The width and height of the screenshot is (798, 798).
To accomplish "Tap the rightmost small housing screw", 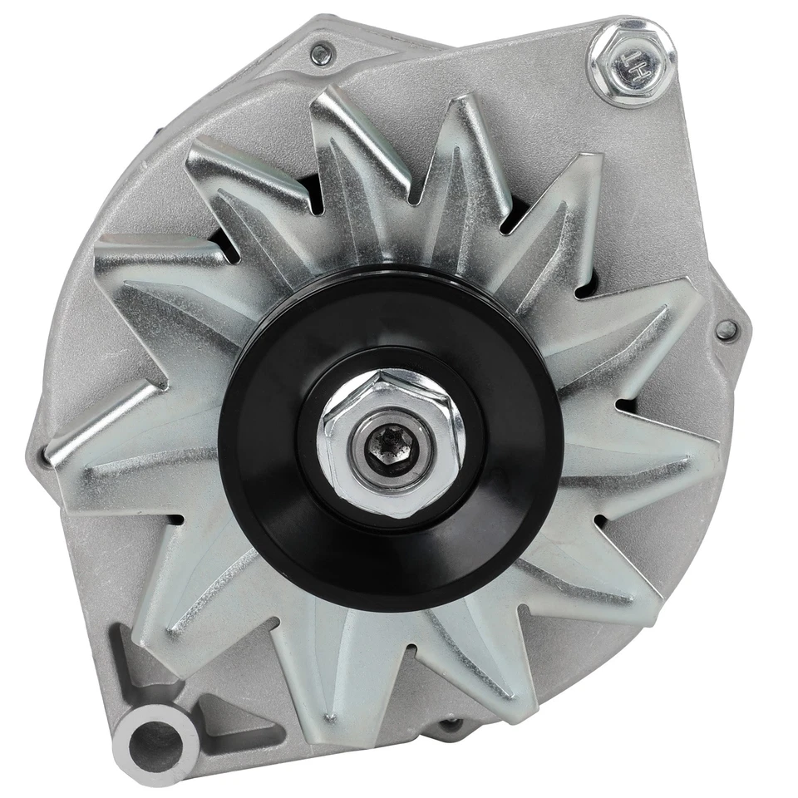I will coord(726,329).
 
